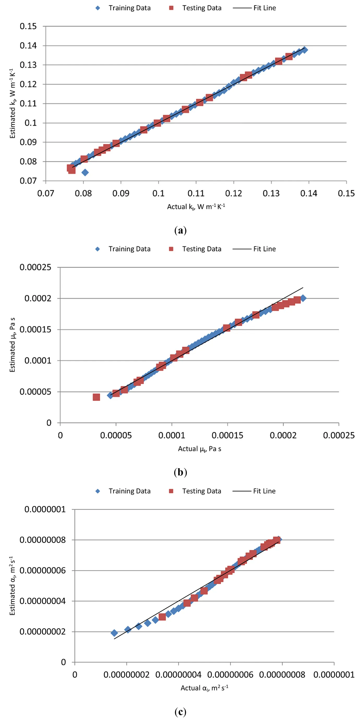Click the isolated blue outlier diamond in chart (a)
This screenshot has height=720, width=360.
85,172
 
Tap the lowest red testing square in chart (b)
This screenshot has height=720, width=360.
97,397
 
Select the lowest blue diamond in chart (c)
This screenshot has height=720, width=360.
114,633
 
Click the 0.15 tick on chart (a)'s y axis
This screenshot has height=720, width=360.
28,26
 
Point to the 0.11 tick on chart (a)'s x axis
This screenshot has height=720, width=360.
196,193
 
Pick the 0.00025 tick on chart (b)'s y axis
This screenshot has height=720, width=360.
35,267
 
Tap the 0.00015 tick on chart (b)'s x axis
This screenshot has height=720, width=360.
227,435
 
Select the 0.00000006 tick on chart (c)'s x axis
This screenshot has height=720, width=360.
230,675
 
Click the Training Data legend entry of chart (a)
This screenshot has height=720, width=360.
123,8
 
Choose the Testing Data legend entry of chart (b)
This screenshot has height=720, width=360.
195,249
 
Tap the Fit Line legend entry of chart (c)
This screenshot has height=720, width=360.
254,491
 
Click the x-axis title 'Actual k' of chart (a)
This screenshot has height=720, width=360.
196,207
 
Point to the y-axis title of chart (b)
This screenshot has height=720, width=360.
12,345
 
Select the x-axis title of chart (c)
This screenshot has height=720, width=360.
204,688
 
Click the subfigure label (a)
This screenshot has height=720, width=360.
180,231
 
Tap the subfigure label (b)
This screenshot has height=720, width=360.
180,472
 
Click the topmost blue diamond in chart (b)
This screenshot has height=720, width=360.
303,298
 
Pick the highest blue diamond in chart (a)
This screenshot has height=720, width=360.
305,50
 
